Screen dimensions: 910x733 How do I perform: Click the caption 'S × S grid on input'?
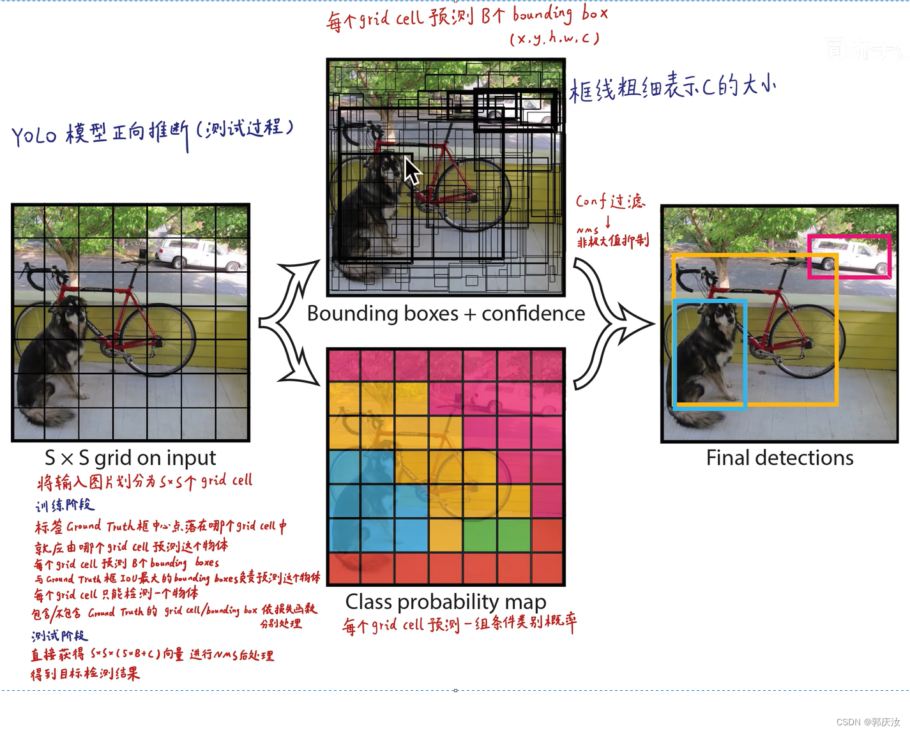(x=130, y=458)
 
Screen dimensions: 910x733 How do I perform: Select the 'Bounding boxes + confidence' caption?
(x=446, y=314)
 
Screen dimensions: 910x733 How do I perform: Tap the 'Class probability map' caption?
(x=446, y=601)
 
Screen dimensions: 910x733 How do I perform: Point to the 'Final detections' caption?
(x=779, y=458)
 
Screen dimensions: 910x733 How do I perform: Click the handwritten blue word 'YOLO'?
(x=34, y=135)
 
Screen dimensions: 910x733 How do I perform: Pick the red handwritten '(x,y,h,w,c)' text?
(x=554, y=39)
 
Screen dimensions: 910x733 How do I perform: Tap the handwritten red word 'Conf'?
(x=591, y=201)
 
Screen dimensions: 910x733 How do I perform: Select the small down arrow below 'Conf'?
(x=608, y=222)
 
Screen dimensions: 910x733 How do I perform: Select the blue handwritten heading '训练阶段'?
(x=64, y=506)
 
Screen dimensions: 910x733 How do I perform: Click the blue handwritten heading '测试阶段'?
(x=59, y=636)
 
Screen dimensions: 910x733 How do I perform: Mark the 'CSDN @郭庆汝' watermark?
(x=867, y=722)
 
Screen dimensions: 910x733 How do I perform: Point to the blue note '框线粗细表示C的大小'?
(x=672, y=87)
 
